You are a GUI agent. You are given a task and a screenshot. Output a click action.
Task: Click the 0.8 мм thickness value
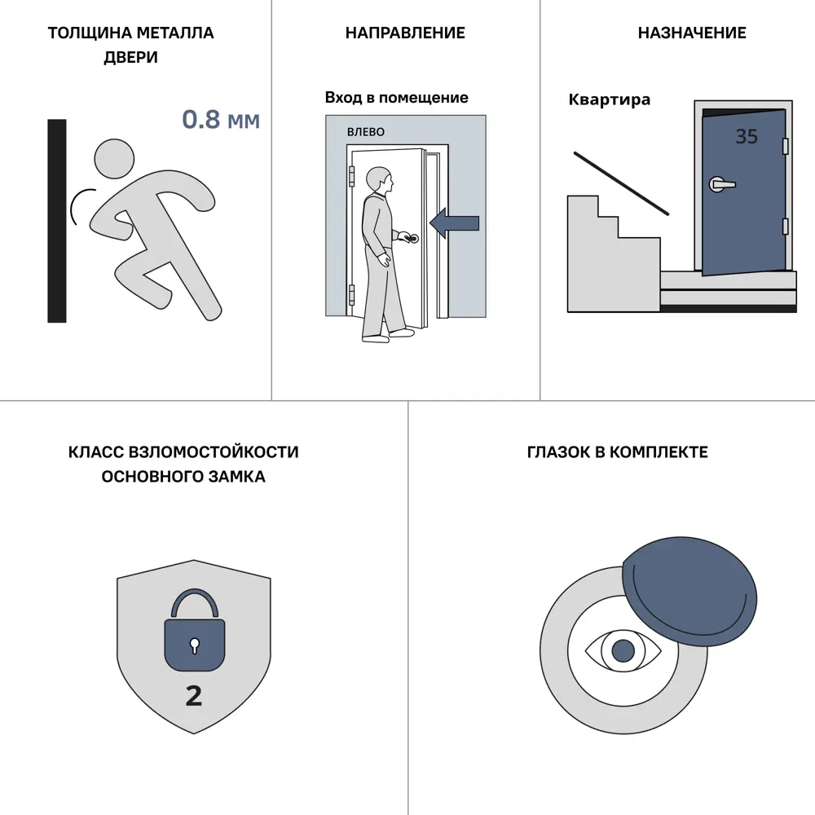click(x=221, y=120)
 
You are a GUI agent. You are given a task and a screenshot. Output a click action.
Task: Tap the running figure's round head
click(x=114, y=159)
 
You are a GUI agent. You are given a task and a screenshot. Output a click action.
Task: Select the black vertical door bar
click(x=57, y=221)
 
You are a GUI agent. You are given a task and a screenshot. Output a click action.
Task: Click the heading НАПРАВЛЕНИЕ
click(x=405, y=33)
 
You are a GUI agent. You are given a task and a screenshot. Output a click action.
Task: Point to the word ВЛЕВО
click(x=366, y=132)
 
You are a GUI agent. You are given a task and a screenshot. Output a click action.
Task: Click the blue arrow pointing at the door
click(x=454, y=223)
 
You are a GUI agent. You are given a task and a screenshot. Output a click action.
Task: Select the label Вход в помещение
click(x=397, y=98)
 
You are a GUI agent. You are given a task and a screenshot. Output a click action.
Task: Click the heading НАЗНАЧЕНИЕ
click(x=692, y=33)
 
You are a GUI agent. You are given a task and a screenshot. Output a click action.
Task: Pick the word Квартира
click(x=609, y=99)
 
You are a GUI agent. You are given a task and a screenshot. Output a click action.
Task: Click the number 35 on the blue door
click(x=747, y=136)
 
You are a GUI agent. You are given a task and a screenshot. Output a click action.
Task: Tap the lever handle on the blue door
click(x=722, y=184)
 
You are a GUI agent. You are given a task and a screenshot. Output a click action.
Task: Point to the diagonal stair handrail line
click(x=621, y=183)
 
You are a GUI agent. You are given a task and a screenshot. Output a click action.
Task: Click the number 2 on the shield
click(x=194, y=696)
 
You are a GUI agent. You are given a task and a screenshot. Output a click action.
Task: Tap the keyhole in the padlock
click(x=195, y=645)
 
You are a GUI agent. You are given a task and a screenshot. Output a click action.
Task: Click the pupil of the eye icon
click(x=623, y=650)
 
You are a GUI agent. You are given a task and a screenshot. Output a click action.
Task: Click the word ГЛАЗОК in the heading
click(x=558, y=452)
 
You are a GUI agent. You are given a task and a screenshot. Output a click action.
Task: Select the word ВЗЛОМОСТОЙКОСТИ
click(x=213, y=452)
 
